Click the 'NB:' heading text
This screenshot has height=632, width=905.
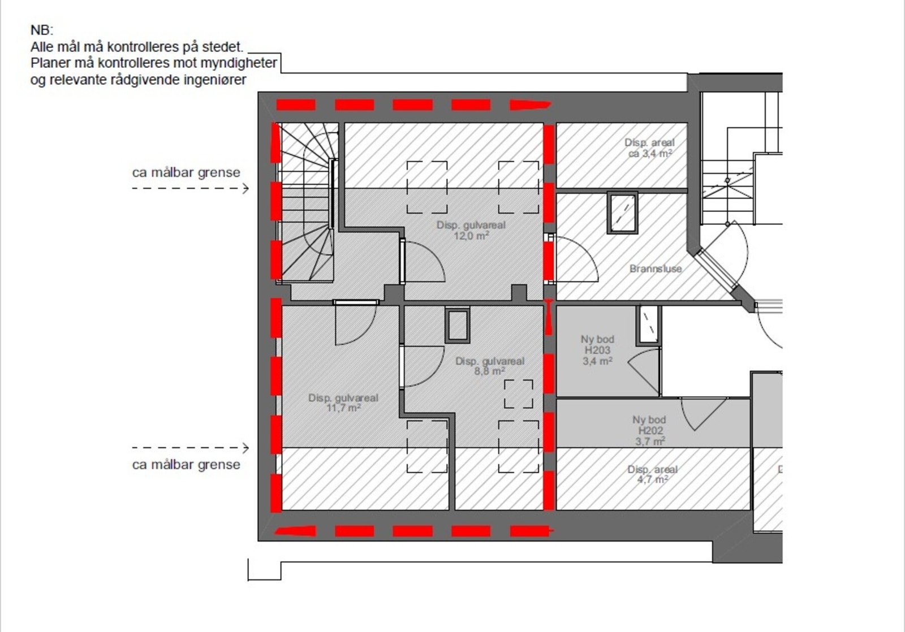click(42, 31)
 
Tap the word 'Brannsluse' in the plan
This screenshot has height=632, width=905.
click(656, 269)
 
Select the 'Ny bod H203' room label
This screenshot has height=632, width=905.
click(597, 345)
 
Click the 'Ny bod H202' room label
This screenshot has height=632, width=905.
click(649, 425)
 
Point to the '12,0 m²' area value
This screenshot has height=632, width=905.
click(471, 236)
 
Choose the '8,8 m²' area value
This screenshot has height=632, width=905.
click(490, 371)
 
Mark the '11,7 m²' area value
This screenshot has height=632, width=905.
click(343, 408)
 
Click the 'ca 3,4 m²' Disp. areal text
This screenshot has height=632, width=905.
click(650, 154)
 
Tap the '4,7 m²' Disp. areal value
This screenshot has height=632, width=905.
click(652, 479)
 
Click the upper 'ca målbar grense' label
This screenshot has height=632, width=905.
click(186, 172)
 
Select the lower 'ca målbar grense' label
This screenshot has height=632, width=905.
click(186, 465)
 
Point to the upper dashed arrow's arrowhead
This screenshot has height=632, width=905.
click(246, 188)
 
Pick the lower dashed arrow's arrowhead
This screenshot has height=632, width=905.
click(246, 448)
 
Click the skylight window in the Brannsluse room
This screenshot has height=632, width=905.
click(622, 213)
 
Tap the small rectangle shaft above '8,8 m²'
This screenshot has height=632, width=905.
click(457, 326)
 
